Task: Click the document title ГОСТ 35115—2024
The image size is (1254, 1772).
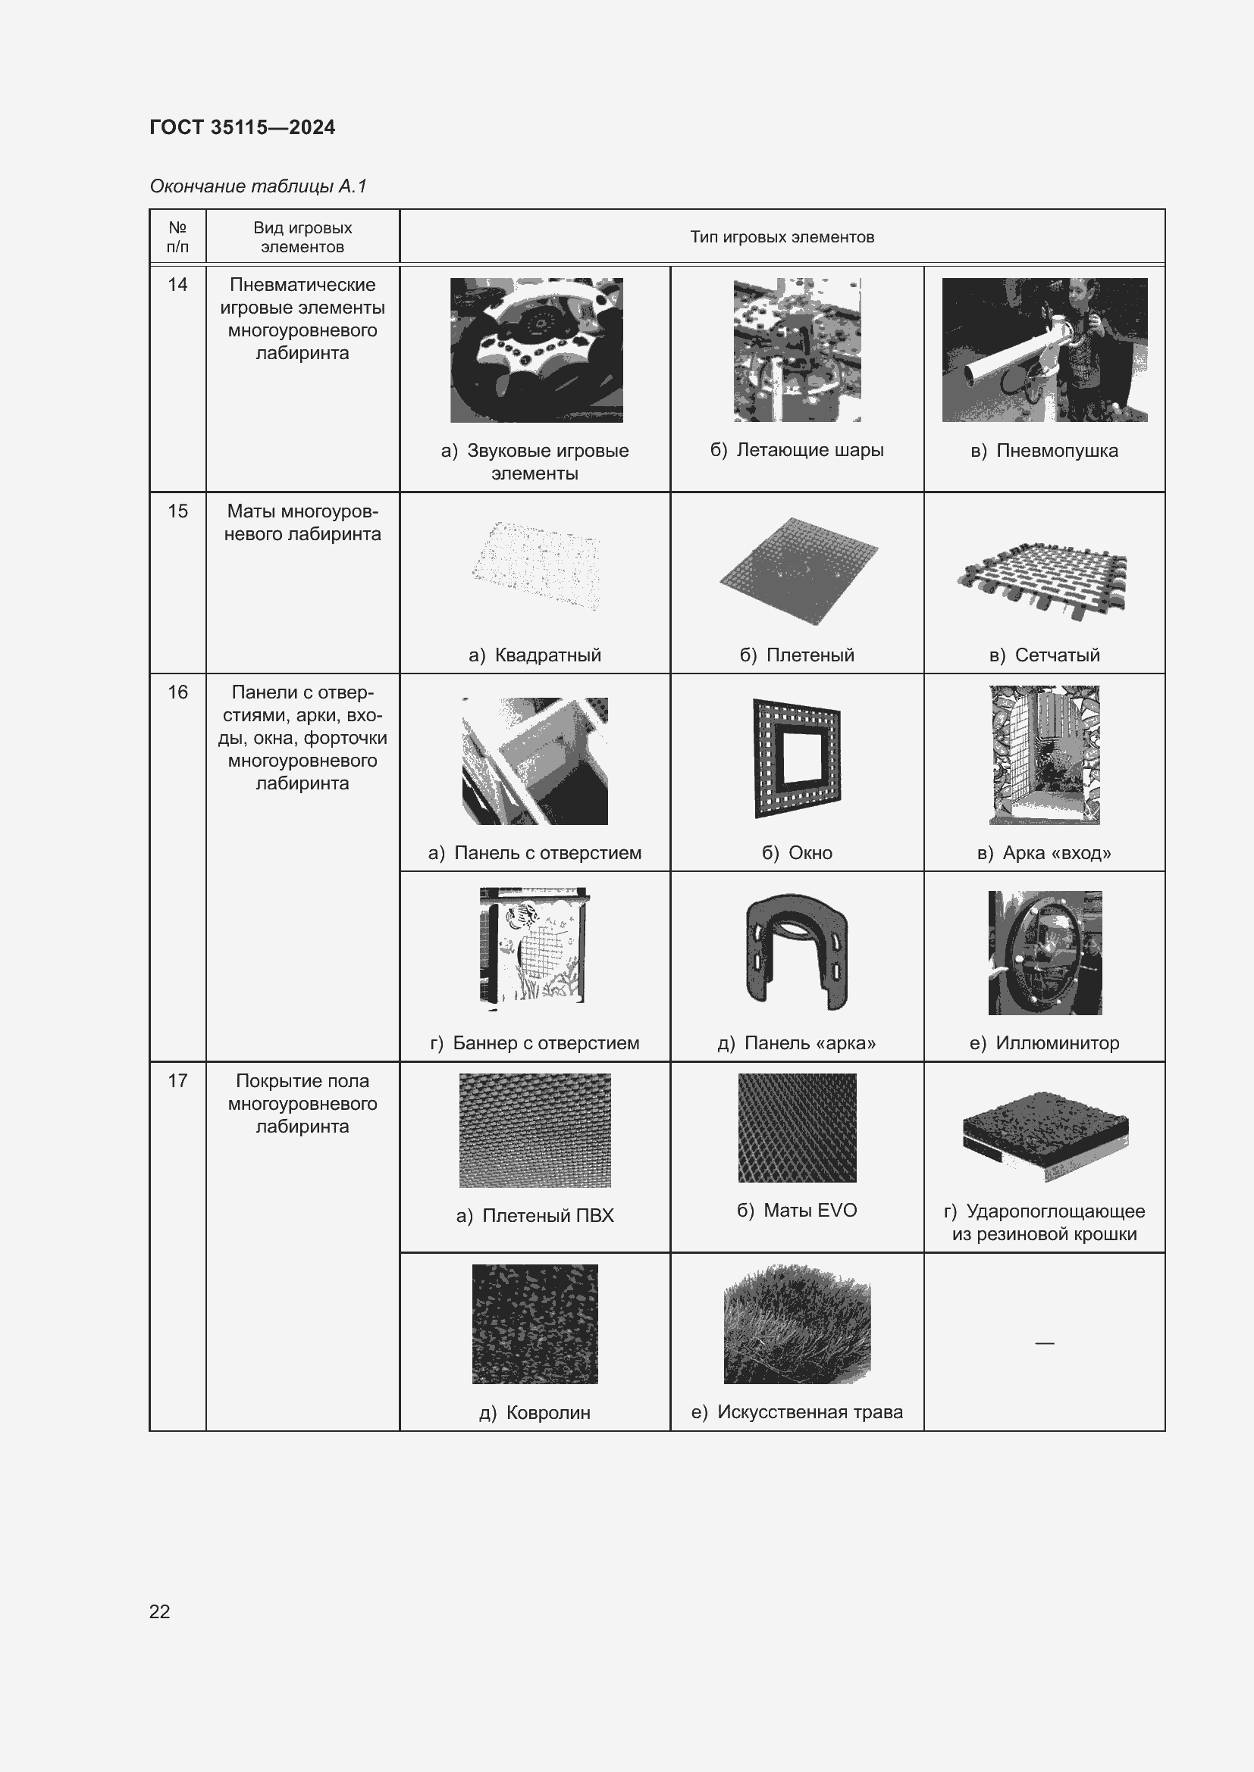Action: (x=242, y=127)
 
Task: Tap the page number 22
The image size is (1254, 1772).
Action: (x=159, y=1611)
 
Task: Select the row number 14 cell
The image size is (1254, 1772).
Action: (x=177, y=285)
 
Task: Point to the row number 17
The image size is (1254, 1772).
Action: (x=177, y=1081)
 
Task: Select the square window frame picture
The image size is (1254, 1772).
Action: (x=797, y=758)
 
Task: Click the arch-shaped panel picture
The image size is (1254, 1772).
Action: (x=797, y=951)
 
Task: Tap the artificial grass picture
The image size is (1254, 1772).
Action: (x=797, y=1324)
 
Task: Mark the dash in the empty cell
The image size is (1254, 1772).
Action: (x=1044, y=1344)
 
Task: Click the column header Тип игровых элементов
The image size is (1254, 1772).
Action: (x=782, y=237)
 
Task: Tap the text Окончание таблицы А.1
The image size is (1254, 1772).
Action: (x=258, y=186)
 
